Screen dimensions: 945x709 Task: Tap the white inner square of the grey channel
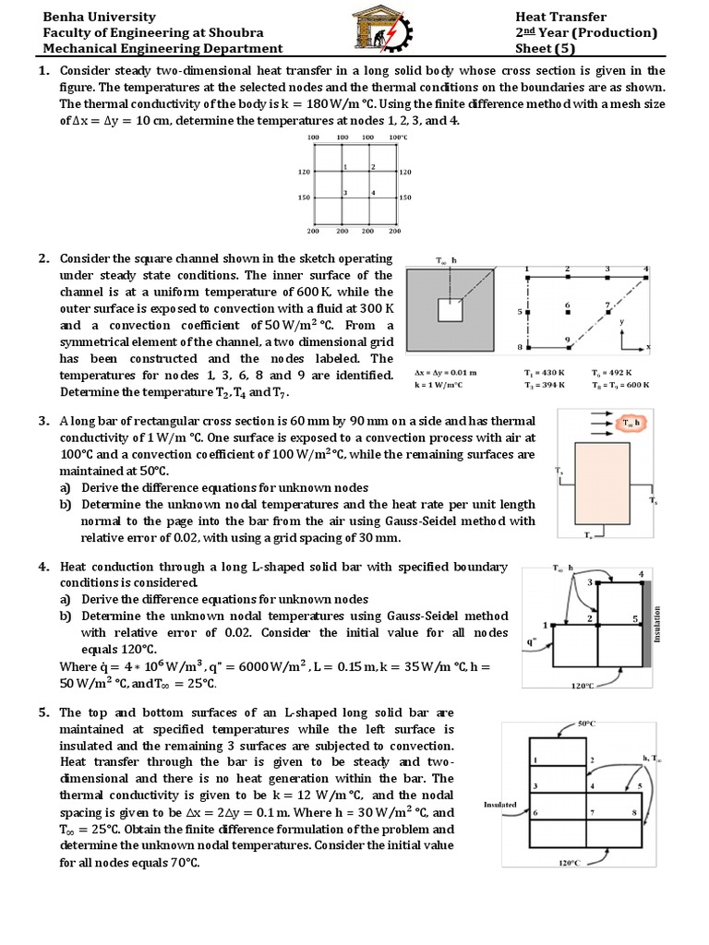[450, 312]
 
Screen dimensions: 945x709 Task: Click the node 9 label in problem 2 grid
[567, 340]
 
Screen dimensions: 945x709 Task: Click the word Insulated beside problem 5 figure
[499, 805]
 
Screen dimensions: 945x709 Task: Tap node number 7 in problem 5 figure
[592, 811]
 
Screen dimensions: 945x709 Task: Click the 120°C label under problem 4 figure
[583, 686]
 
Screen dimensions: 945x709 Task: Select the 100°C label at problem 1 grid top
[397, 138]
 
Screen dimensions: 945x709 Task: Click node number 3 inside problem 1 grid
[344, 192]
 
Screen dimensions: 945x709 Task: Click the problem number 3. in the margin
[43, 421]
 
